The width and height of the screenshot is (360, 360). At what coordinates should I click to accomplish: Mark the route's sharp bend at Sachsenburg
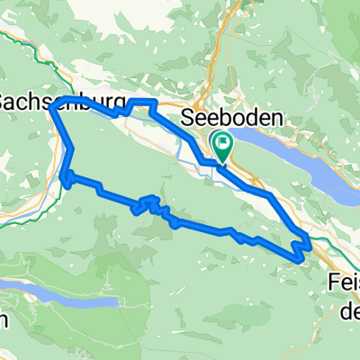click(x=52, y=107)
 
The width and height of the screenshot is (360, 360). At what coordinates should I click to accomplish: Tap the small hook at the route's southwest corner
click(x=65, y=180)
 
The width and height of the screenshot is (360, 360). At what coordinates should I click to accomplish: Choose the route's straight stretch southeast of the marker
click(x=247, y=181)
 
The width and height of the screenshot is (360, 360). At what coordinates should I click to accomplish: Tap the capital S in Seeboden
click(x=187, y=117)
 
